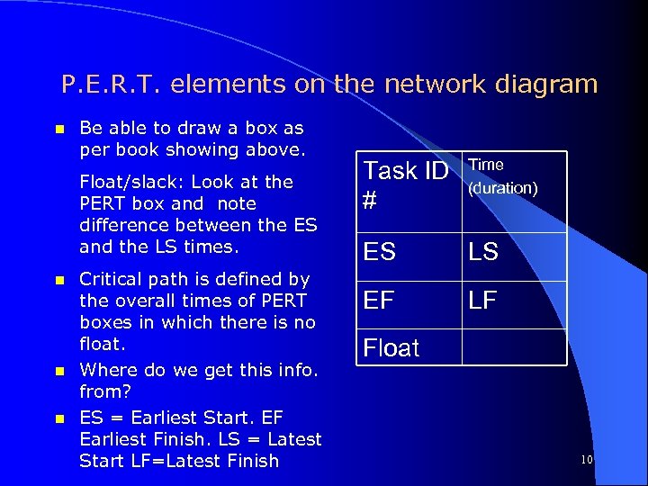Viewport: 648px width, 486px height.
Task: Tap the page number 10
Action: click(x=586, y=461)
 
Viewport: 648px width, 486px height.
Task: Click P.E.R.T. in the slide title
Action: click(x=112, y=85)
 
